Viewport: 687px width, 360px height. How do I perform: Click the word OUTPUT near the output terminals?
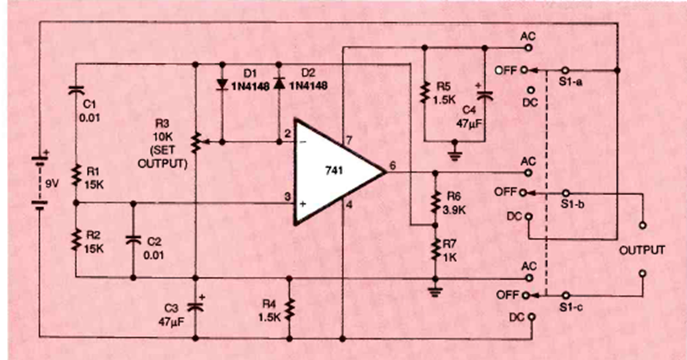641,250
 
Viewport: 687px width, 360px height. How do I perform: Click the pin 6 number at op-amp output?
393,166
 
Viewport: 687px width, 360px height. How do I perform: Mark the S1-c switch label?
572,309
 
